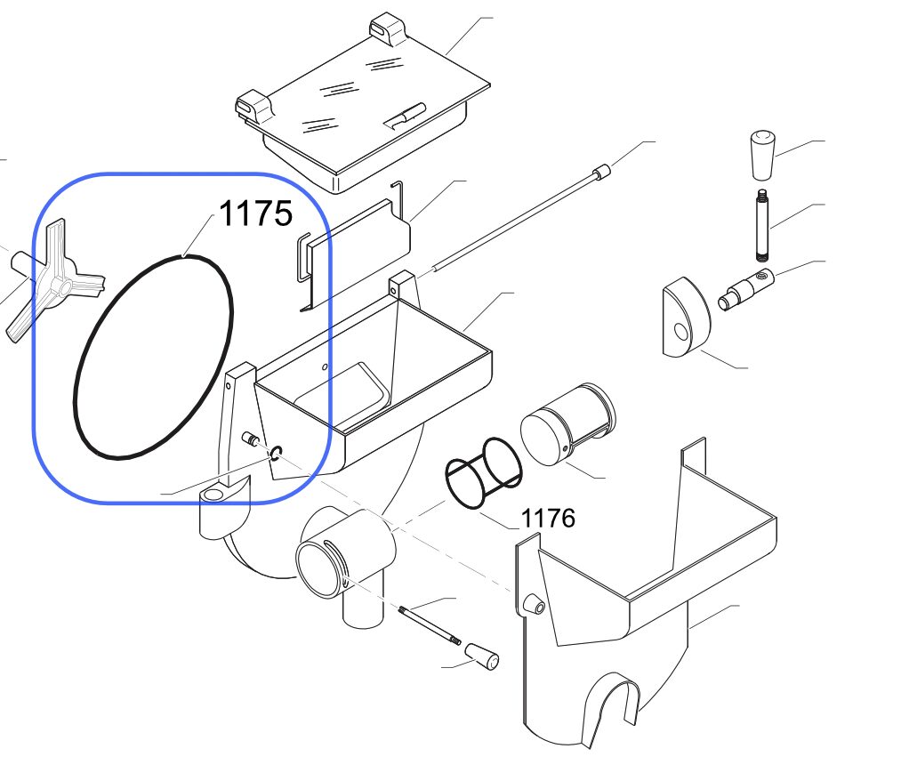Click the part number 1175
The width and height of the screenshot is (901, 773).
tap(255, 213)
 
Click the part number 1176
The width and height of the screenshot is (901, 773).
tap(548, 518)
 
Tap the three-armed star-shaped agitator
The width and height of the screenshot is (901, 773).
tap(54, 280)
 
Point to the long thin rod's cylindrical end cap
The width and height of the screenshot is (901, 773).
tap(601, 172)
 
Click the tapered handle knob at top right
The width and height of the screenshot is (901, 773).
tap(762, 155)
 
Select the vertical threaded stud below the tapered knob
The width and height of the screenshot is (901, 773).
tap(762, 225)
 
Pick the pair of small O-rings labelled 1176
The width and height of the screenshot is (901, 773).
tap(484, 472)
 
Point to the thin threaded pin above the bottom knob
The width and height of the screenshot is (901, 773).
tap(430, 625)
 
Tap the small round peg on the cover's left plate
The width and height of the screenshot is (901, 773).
tap(534, 604)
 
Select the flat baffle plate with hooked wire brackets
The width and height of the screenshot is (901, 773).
tap(353, 247)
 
